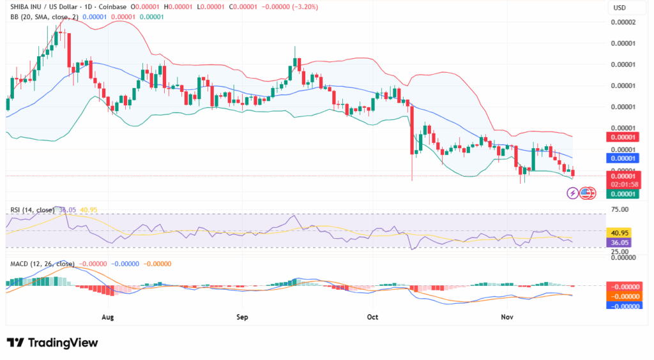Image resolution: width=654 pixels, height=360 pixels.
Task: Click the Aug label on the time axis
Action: pyautogui.click(x=107, y=317)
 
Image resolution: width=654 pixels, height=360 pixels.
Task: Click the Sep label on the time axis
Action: pyautogui.click(x=241, y=317)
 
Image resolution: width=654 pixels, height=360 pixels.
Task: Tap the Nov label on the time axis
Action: pyautogui.click(x=506, y=317)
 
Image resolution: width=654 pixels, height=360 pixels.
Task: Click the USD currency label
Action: pyautogui.click(x=619, y=8)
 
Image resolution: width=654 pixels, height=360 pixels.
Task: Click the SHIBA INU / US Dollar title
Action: pyautogui.click(x=47, y=7)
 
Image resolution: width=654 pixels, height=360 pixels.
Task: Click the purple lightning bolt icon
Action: pyautogui.click(x=572, y=192)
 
